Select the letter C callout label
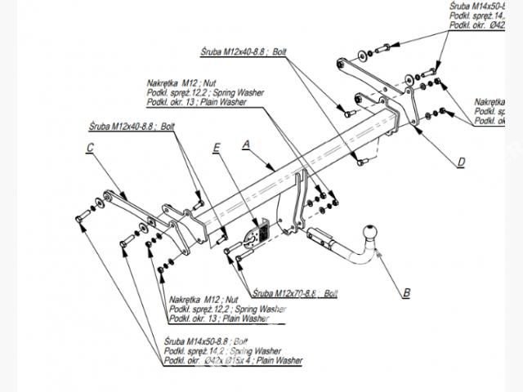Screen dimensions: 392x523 pyautogui.click(x=89, y=147)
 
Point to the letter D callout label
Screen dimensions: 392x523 pyautogui.click(x=461, y=162)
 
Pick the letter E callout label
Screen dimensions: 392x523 pyautogui.click(x=216, y=148)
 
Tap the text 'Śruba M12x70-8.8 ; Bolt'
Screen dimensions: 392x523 pyautogui.click(x=295, y=292)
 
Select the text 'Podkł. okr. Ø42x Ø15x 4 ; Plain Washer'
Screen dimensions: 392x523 pyautogui.click(x=233, y=360)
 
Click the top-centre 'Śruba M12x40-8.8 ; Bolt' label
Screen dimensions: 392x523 pyautogui.click(x=244, y=51)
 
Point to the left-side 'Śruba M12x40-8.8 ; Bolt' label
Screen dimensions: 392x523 pyautogui.click(x=132, y=127)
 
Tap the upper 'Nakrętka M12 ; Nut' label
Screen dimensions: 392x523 pyautogui.click(x=182, y=83)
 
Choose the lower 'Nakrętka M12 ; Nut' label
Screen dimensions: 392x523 pyautogui.click(x=203, y=300)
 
